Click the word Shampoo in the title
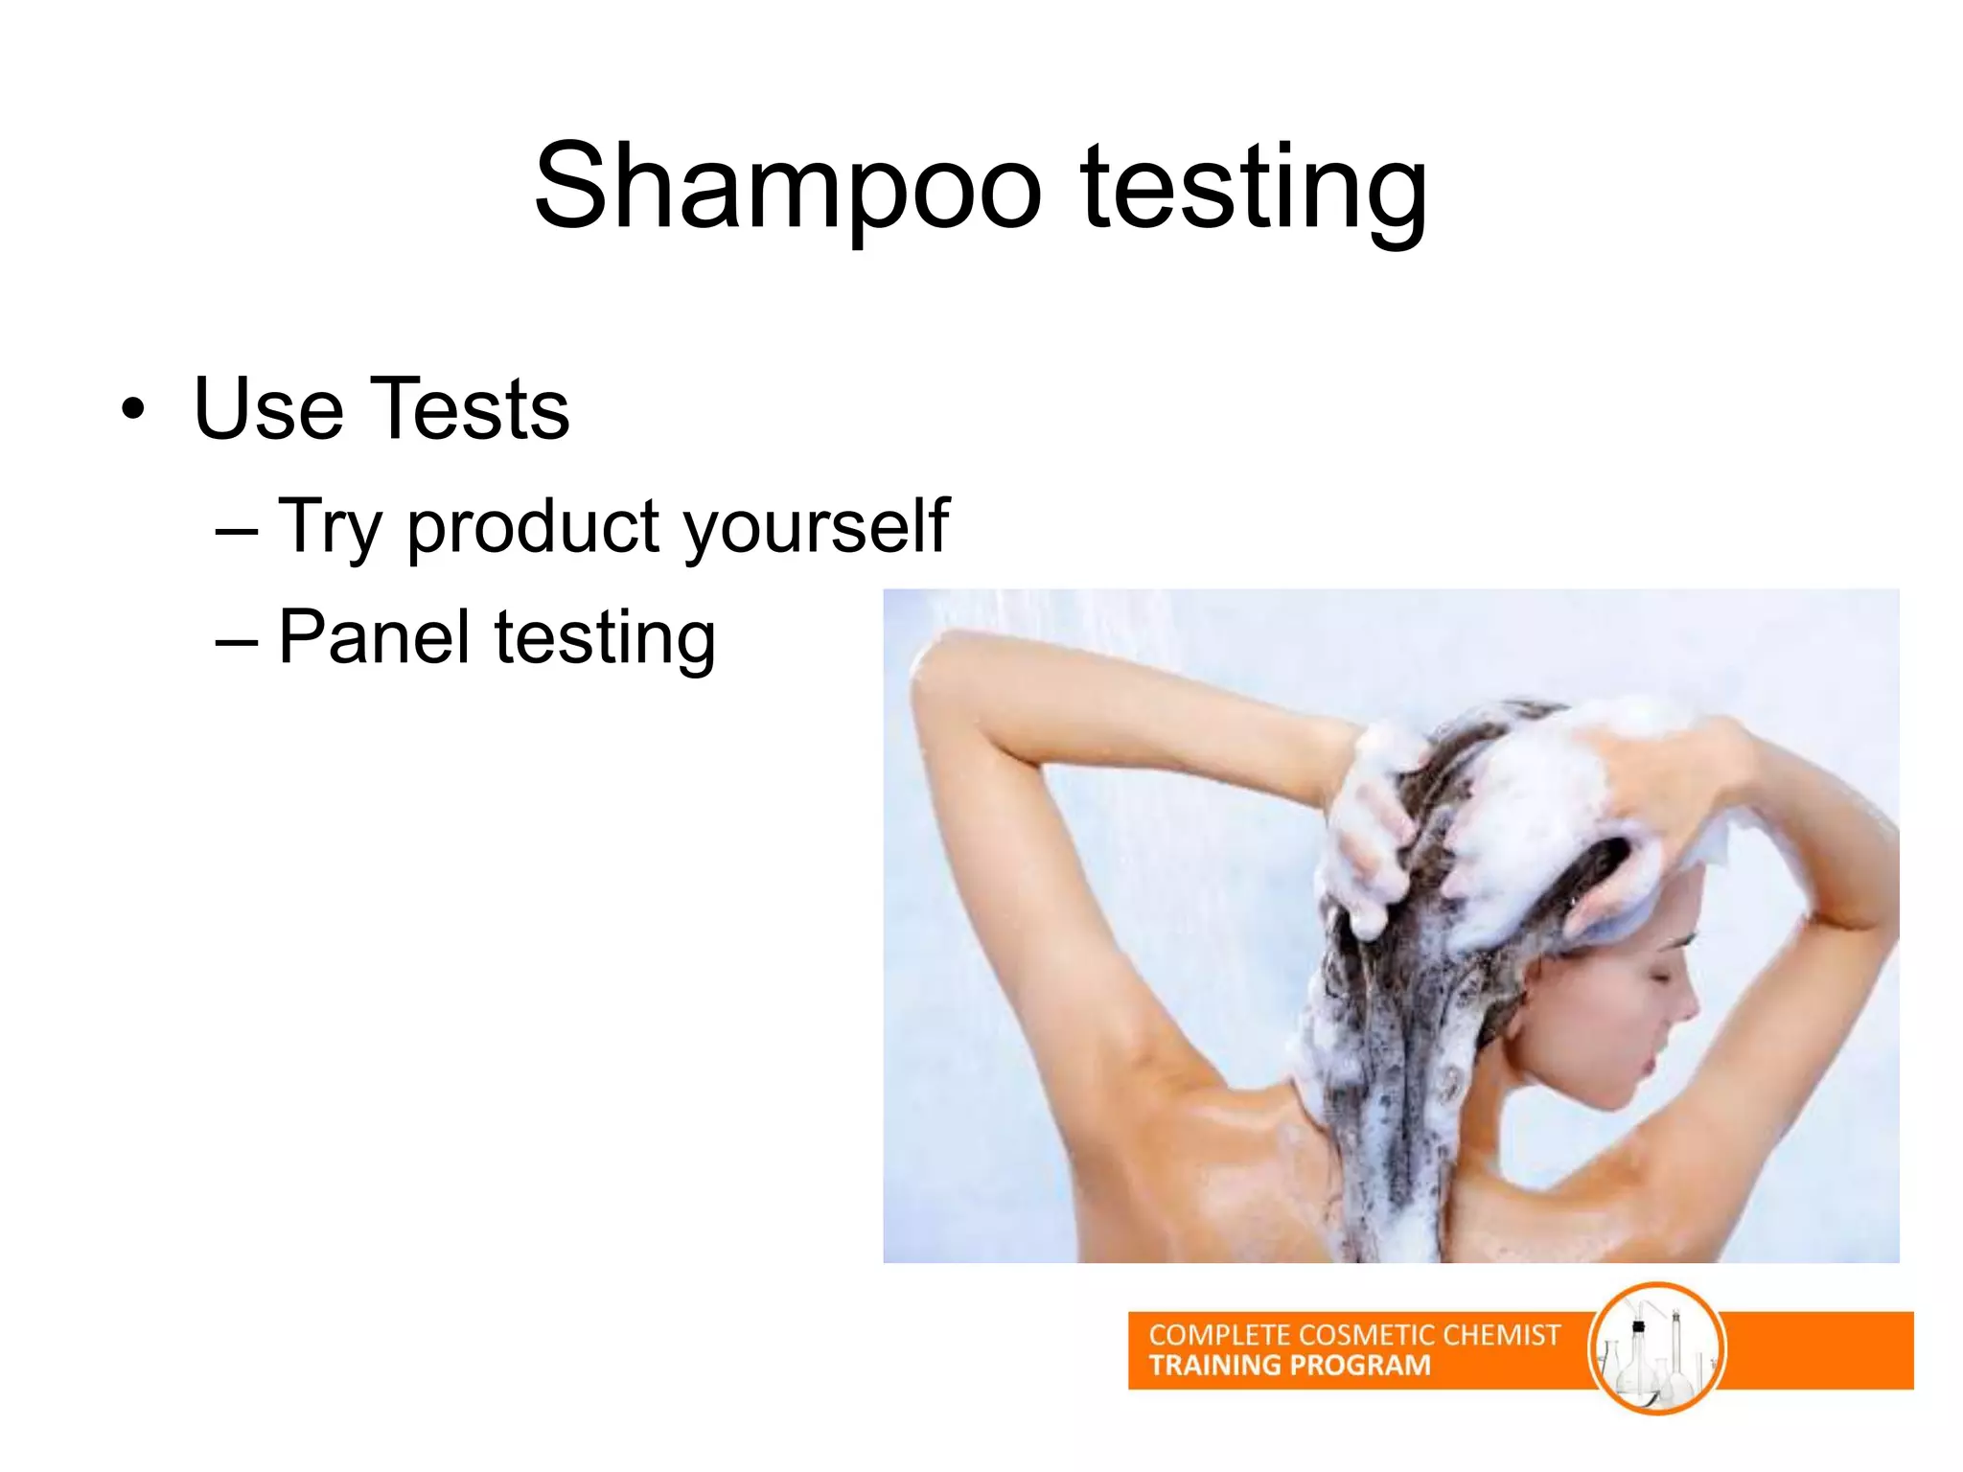pyautogui.click(x=787, y=188)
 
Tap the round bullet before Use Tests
pyautogui.click(x=133, y=410)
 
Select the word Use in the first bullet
pyautogui.click(x=268, y=409)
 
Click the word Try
pyautogui.click(x=331, y=527)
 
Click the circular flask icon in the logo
pyautogui.click(x=1656, y=1348)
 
